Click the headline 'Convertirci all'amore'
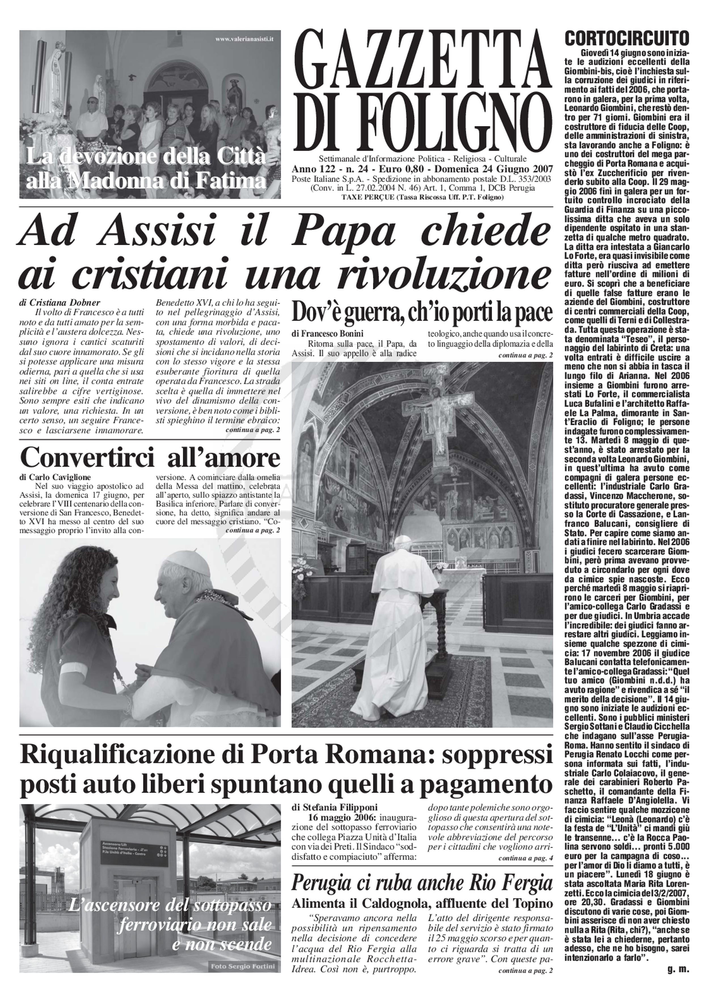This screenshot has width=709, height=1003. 150,459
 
